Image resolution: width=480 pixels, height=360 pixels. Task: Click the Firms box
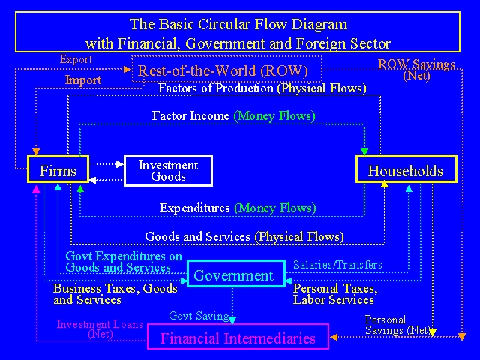tap(58, 171)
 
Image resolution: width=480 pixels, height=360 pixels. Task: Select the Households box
tap(405, 170)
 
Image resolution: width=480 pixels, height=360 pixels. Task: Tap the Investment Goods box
tap(168, 171)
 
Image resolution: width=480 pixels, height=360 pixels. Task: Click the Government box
tap(235, 275)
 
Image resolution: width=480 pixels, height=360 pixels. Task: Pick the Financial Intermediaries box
tap(238, 337)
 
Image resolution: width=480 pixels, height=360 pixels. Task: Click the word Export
tap(76, 59)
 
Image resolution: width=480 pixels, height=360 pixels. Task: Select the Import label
tap(82, 80)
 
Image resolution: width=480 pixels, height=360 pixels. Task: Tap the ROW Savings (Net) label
tap(416, 69)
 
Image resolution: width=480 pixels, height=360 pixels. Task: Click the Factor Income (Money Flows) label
tap(233, 115)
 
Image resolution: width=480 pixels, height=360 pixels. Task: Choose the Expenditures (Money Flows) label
tap(238, 208)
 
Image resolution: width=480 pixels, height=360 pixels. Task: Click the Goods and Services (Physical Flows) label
tap(244, 237)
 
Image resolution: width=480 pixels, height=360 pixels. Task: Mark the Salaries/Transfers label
tap(337, 264)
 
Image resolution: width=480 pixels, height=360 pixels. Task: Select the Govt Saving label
tap(199, 316)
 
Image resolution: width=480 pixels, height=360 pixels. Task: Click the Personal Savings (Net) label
tap(397, 325)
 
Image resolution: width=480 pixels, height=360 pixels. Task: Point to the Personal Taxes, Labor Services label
tap(334, 294)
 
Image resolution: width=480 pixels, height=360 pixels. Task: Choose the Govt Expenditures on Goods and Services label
tap(123, 262)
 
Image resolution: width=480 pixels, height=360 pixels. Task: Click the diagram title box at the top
tap(238, 33)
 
